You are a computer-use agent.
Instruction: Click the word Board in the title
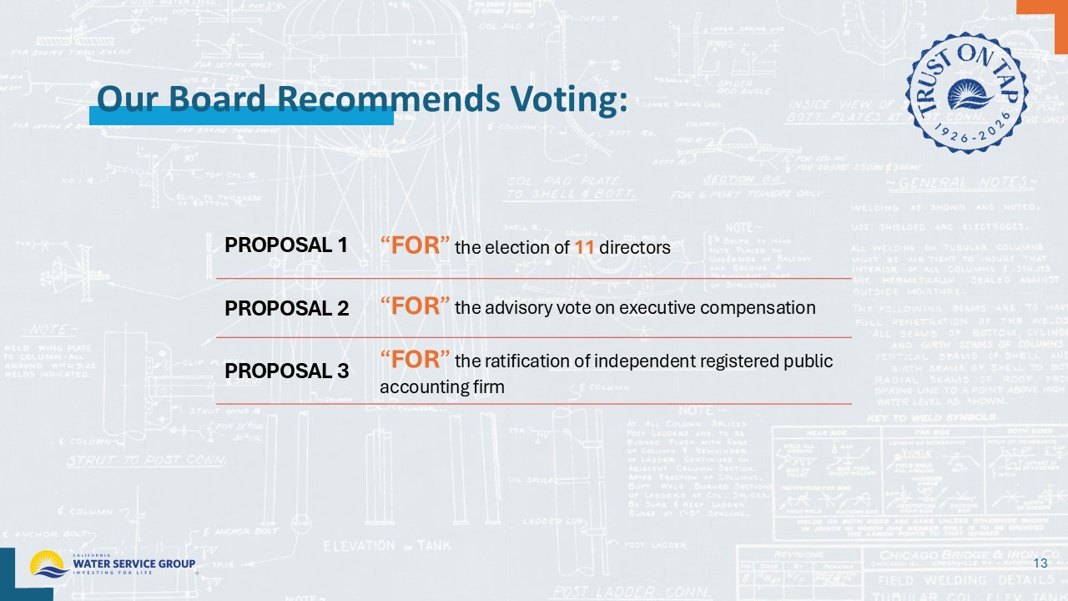click(219, 99)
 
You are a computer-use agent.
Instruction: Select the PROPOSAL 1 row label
click(285, 245)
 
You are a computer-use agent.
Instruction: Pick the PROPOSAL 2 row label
click(286, 308)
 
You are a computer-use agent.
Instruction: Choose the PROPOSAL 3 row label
click(286, 371)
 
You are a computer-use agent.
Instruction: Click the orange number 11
click(583, 248)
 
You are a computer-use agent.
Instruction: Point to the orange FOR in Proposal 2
click(416, 306)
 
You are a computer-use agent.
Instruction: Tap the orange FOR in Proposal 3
click(416, 359)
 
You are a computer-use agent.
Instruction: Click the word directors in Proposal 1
click(634, 248)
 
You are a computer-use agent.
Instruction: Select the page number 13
click(1040, 564)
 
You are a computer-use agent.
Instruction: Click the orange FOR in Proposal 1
click(416, 245)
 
